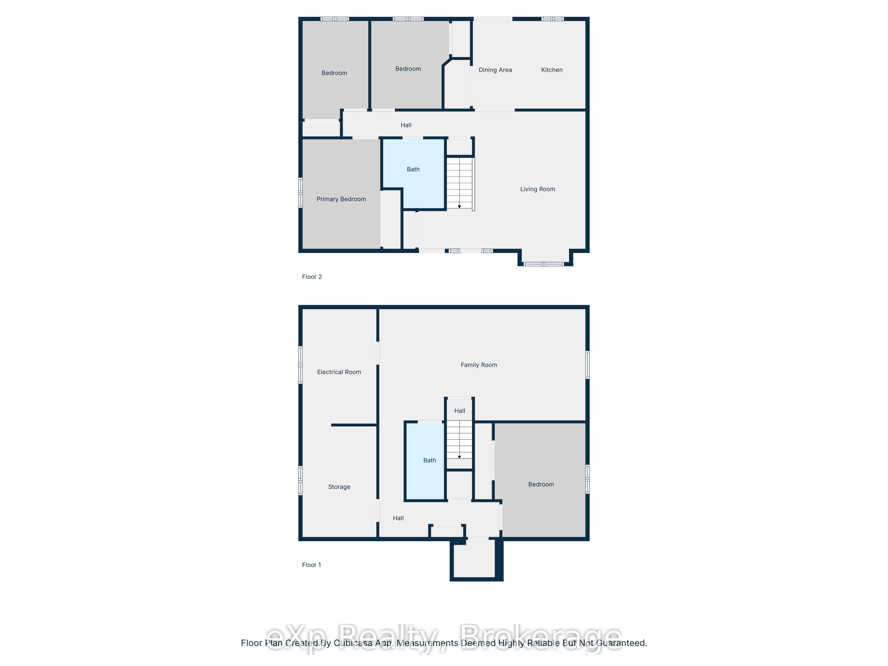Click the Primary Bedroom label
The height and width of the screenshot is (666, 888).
coord(341,199)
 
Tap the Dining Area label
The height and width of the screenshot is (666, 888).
coord(495,70)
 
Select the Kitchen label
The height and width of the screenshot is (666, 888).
coord(552,70)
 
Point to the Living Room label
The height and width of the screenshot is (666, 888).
coord(537,189)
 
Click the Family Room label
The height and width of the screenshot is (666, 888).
coord(479,365)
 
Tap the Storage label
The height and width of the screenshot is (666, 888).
coord(339,487)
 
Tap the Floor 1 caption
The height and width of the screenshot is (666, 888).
coord(311,565)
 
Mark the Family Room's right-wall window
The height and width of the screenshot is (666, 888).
coord(587,365)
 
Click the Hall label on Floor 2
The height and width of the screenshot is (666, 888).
coord(406,125)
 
